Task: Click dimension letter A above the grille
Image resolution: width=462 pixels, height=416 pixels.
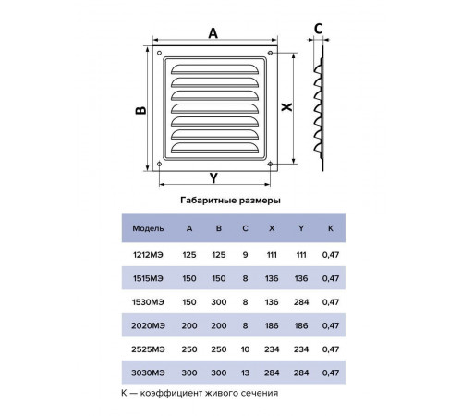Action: (213, 33)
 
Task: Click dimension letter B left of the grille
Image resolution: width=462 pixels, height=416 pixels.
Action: (140, 110)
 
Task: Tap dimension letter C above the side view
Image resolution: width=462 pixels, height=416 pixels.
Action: (319, 29)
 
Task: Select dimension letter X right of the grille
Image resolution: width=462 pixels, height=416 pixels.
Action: (286, 107)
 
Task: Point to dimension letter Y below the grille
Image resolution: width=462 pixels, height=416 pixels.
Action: (213, 178)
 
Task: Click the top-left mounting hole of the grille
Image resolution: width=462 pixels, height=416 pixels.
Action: (159, 53)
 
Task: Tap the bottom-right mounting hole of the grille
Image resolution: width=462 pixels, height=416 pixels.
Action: (270, 164)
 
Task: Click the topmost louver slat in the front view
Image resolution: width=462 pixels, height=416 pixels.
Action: (214, 69)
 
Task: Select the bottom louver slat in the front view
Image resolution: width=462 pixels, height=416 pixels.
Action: (214, 148)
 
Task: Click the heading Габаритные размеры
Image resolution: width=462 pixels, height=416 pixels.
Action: (230, 201)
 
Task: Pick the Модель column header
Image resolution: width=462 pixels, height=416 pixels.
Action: (148, 228)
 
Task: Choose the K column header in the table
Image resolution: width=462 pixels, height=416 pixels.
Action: (331, 228)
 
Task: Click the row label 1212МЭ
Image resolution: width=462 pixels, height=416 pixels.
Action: (148, 255)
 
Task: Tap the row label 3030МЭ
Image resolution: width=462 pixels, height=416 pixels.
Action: (148, 373)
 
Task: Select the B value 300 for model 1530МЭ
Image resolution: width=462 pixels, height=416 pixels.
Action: (219, 302)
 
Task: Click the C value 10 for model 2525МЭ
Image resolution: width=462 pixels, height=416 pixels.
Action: (245, 349)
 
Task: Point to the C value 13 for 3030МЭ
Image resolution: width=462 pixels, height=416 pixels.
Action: (245, 373)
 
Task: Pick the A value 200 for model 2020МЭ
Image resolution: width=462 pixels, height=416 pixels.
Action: (189, 325)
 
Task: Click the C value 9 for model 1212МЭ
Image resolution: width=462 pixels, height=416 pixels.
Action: (245, 255)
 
